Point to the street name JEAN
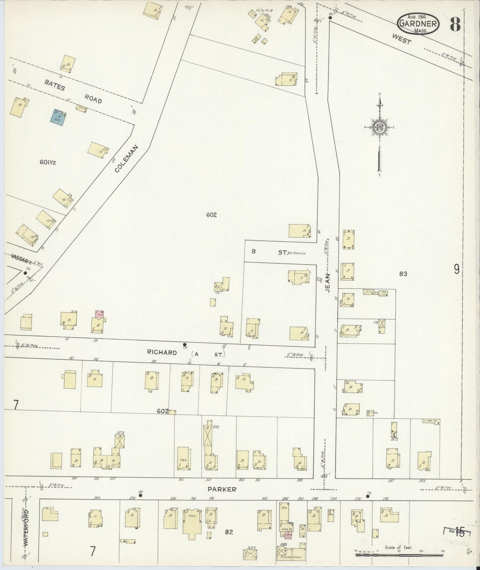pos(328,283)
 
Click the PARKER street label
pos(222,489)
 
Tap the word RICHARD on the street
pos(162,353)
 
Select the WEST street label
pos(401,39)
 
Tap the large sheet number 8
pos(455,24)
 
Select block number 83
pos(403,274)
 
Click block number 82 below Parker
pos(229,532)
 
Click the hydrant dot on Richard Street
pos(185,345)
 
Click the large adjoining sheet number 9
pos(457,269)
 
